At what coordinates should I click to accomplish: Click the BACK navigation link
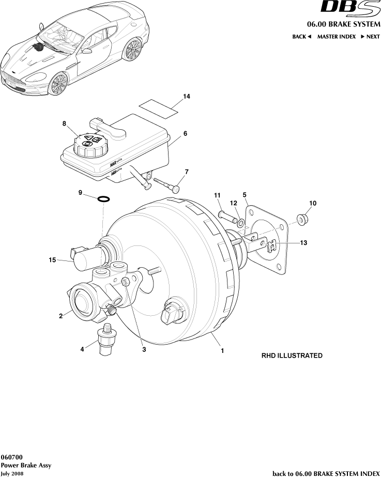[301, 37]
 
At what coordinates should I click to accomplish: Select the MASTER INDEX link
[336, 37]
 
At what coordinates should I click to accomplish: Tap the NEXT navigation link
[370, 37]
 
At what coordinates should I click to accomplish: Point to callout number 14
[187, 97]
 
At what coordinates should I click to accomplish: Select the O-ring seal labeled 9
[103, 198]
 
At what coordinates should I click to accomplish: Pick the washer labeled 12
[241, 222]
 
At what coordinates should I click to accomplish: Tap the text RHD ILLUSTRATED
[292, 356]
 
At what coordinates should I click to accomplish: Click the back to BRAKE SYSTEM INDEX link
[326, 473]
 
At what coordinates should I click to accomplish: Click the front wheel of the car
[58, 84]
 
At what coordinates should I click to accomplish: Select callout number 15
[52, 260]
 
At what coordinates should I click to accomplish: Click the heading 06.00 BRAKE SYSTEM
[343, 24]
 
